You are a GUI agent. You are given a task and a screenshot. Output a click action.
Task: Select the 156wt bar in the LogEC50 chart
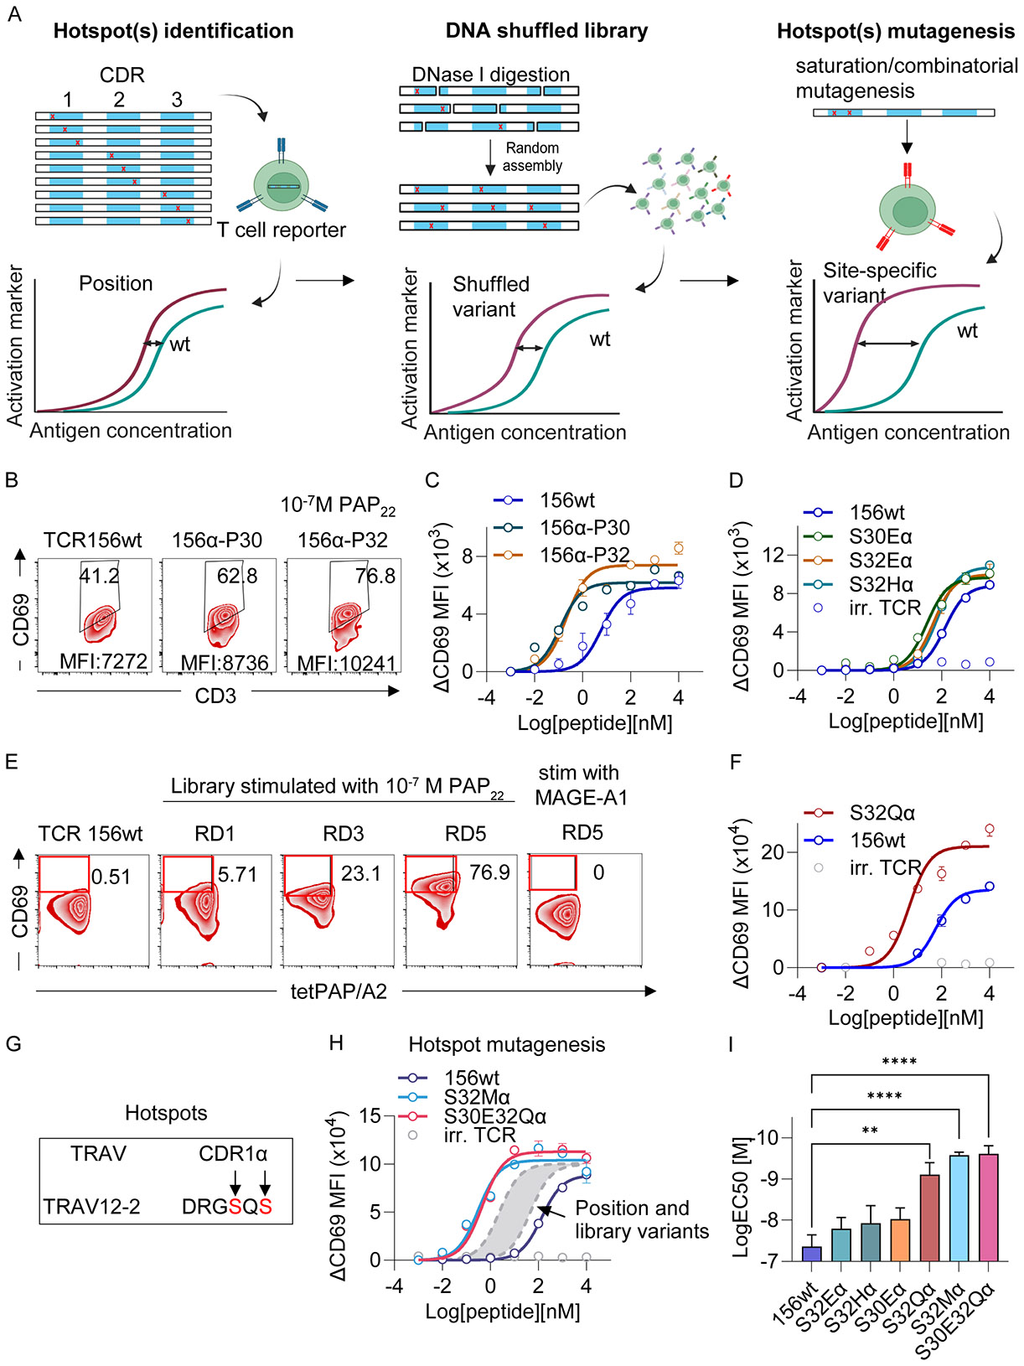coord(811,1254)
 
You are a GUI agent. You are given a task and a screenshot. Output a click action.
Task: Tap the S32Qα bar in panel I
coord(929,1218)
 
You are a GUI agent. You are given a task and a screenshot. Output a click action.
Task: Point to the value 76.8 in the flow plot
coord(375,576)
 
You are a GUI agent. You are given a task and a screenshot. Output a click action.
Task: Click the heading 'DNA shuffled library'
coord(546,30)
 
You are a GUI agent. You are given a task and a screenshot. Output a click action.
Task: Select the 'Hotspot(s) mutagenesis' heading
coord(896,31)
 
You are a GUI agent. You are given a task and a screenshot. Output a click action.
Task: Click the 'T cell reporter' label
coord(282,230)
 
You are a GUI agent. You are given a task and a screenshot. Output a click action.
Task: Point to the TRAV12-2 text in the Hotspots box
coord(91,1206)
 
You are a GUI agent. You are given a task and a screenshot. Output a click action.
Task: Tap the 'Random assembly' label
coord(532,157)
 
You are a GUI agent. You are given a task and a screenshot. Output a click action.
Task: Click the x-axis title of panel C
coord(595,723)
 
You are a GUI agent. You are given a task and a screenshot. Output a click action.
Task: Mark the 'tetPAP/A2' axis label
coord(339,991)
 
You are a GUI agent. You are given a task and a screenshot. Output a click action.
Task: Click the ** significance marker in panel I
coord(870,1131)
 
